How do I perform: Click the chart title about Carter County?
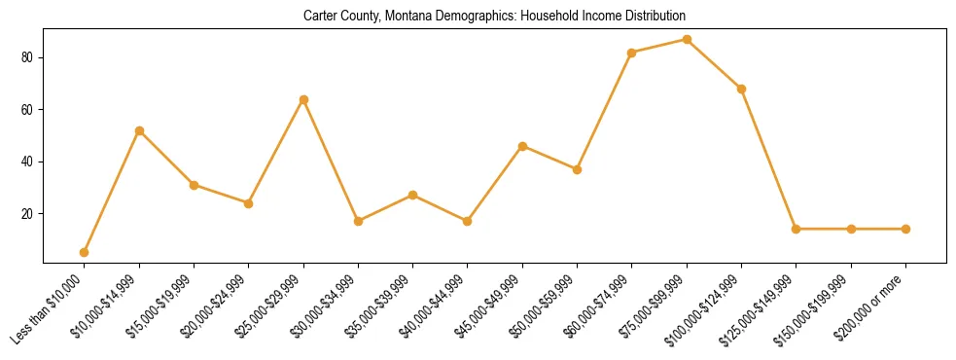tap(494, 16)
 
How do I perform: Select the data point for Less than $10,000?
tap(85, 252)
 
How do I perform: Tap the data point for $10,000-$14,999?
tap(139, 130)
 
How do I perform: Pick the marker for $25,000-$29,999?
tap(303, 99)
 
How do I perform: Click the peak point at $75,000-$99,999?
tap(687, 39)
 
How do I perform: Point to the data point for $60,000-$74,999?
tap(632, 53)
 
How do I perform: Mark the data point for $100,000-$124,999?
tap(742, 89)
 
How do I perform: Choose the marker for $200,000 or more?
tap(905, 229)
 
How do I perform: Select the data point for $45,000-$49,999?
tap(523, 146)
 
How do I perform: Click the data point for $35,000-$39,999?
tap(413, 195)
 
